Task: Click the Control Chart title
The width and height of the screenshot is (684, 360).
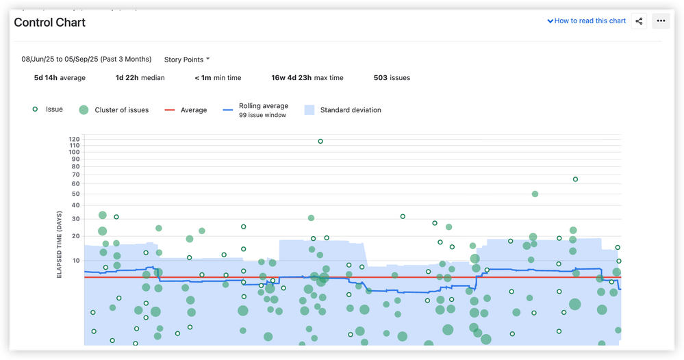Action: click(x=50, y=22)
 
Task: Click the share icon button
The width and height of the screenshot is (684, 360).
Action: click(x=639, y=21)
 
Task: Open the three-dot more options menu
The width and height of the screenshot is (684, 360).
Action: click(x=661, y=21)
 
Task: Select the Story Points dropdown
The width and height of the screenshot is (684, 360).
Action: click(x=187, y=60)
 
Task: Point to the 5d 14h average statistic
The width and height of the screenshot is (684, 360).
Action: click(x=60, y=78)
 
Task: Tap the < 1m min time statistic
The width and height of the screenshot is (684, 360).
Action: click(x=218, y=78)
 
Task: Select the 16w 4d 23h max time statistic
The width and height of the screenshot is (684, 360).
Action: click(x=307, y=78)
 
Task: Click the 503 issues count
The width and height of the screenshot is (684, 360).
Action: click(x=392, y=78)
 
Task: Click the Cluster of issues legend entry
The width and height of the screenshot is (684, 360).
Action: click(x=114, y=110)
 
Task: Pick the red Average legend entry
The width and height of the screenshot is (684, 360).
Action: click(x=186, y=110)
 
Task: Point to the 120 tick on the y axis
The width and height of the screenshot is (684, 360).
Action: click(x=75, y=139)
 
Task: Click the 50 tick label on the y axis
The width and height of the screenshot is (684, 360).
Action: click(x=76, y=194)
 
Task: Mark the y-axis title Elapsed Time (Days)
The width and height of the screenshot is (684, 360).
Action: click(x=60, y=244)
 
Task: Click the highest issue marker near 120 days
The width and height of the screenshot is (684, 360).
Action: click(x=320, y=142)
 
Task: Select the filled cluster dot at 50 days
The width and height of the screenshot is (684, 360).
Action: click(x=535, y=194)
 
